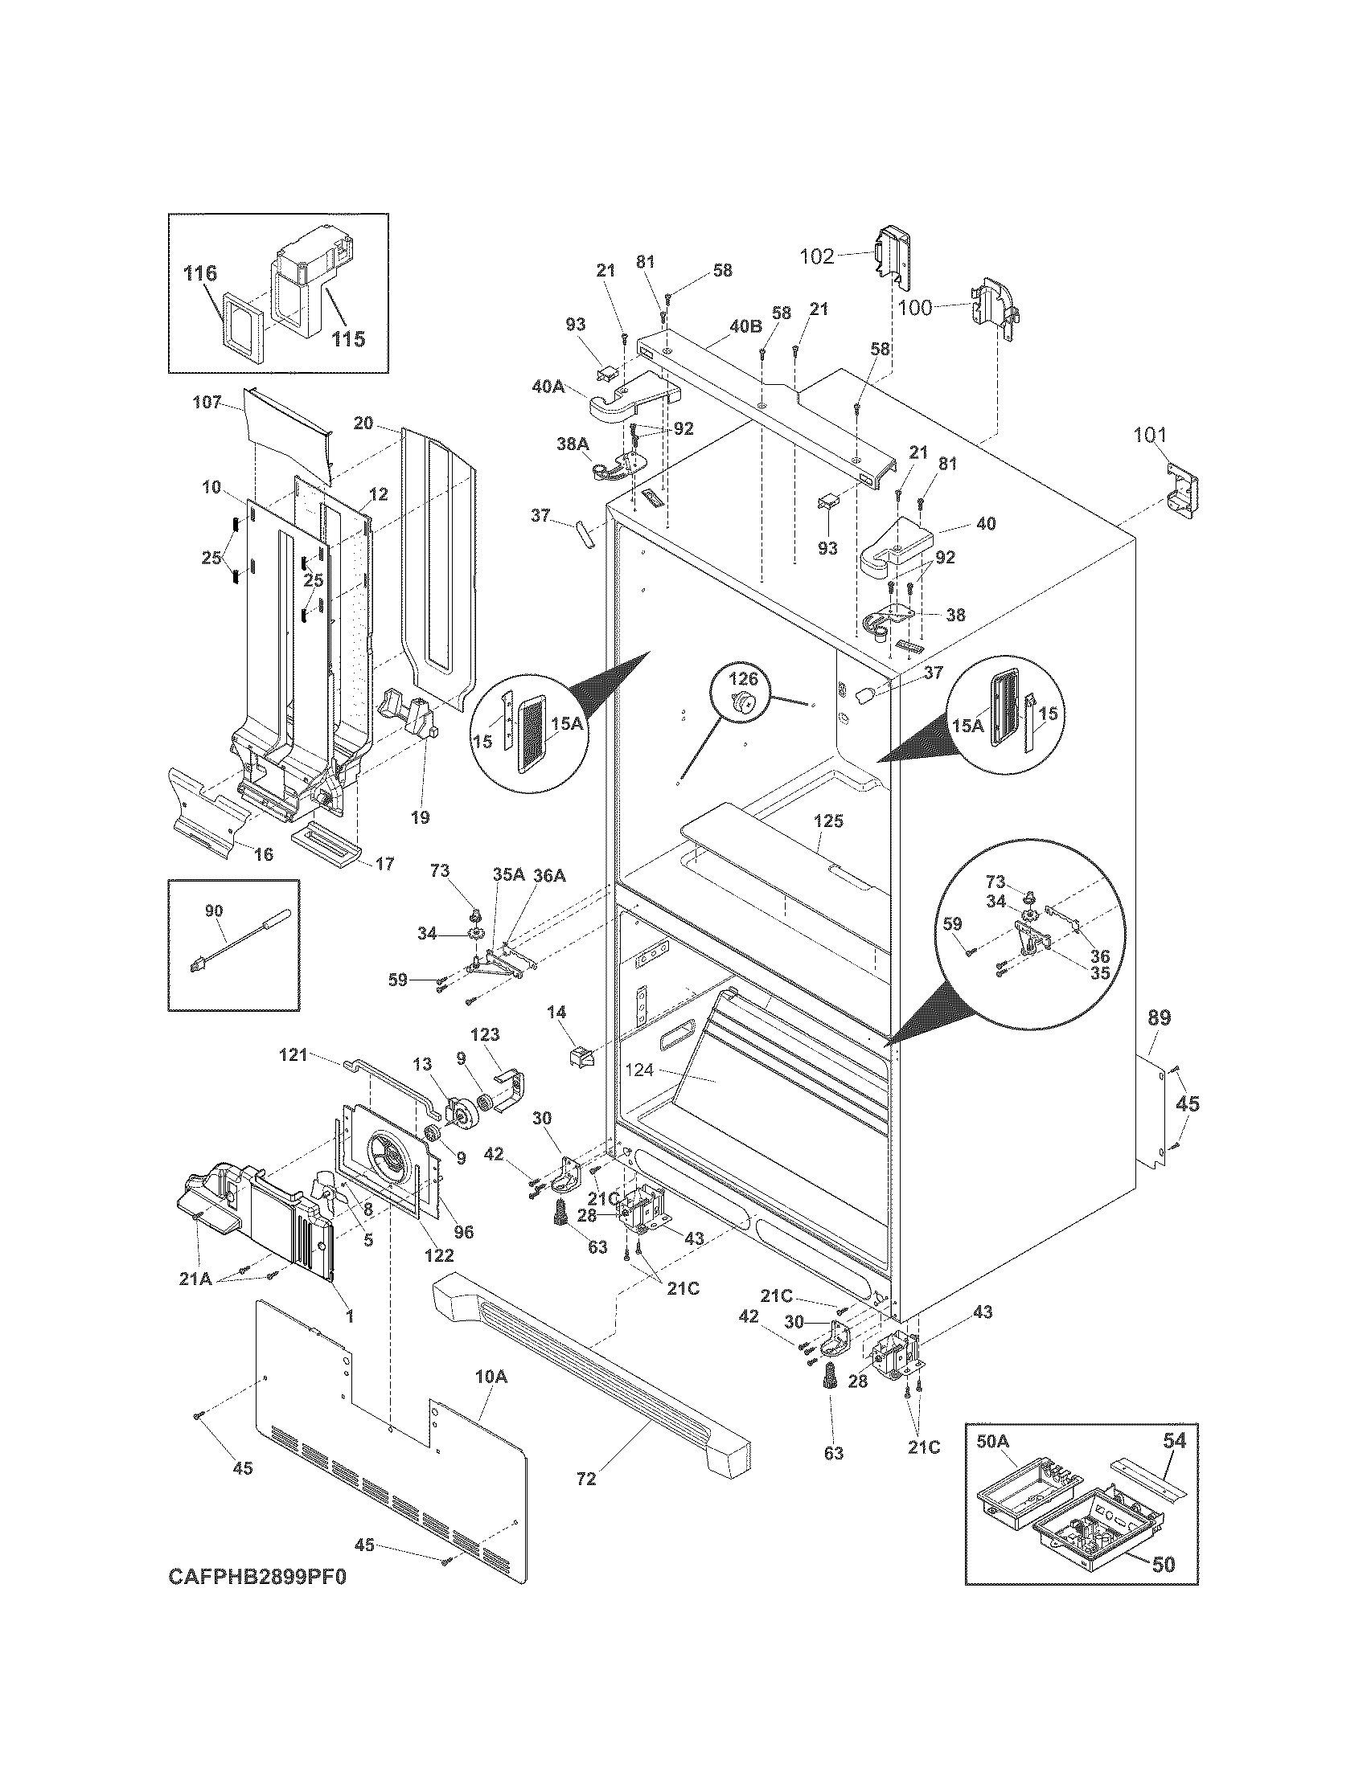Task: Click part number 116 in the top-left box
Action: pyautogui.click(x=199, y=272)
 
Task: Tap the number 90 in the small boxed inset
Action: pyautogui.click(x=214, y=911)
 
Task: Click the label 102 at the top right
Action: pyautogui.click(x=816, y=256)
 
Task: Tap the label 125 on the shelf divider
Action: pyautogui.click(x=828, y=821)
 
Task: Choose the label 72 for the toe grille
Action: pyautogui.click(x=586, y=1479)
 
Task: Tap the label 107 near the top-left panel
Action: pyautogui.click(x=207, y=402)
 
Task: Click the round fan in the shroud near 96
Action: pyautogui.click(x=386, y=1162)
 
